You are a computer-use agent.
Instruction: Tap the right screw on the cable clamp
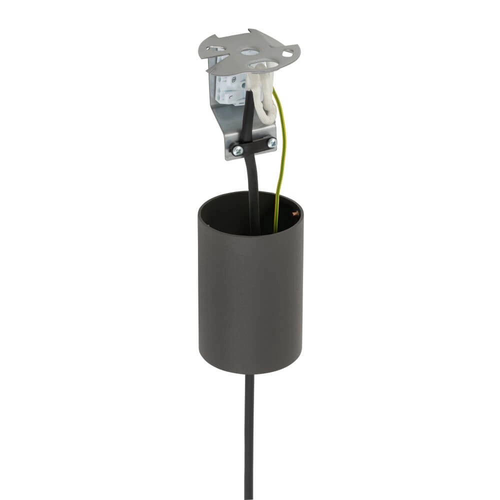point(271,143)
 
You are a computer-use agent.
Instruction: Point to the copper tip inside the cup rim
point(294,214)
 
